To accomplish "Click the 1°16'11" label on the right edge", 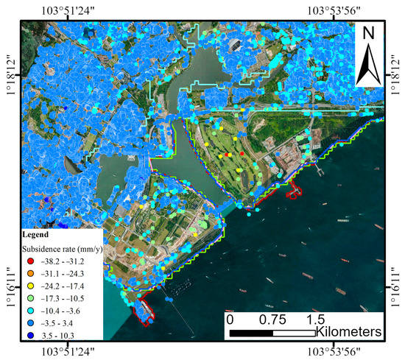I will point(398,280).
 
